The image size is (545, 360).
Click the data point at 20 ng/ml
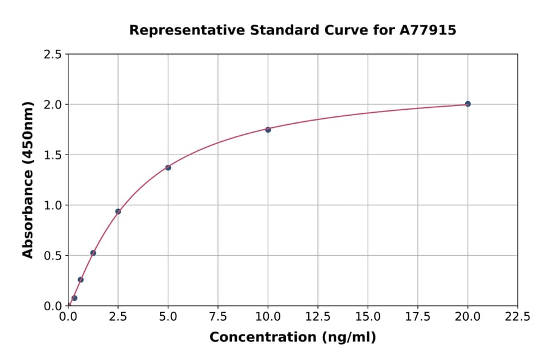point(467,104)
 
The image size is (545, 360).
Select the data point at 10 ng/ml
point(268,130)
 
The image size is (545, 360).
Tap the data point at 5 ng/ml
point(168,167)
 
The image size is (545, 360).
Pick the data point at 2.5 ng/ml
point(118,212)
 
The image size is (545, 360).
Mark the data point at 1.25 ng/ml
point(93,253)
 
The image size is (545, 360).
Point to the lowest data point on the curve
point(74,298)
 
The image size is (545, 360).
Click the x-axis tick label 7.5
point(218,316)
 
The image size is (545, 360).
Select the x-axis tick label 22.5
point(517,316)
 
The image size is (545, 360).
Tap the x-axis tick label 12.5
point(318,316)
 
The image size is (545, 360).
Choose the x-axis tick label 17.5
point(418,316)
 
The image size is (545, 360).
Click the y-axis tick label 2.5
point(53,55)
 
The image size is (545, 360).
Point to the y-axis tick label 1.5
point(53,155)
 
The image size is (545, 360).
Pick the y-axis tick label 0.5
point(53,256)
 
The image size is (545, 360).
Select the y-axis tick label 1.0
point(53,205)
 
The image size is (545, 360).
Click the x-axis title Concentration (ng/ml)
point(292,338)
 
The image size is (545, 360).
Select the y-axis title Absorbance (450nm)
point(28,180)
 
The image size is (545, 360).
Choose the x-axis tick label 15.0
point(368,316)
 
